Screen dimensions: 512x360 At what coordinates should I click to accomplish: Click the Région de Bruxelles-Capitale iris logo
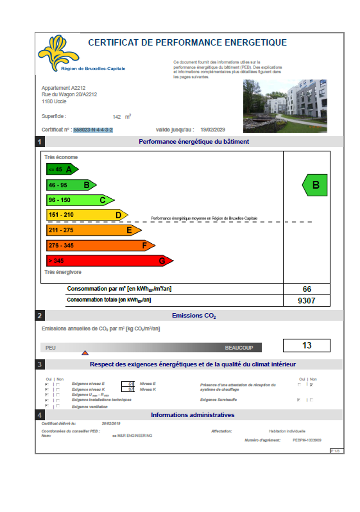(x=59, y=52)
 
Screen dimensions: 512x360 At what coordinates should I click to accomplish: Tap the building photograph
(x=285, y=106)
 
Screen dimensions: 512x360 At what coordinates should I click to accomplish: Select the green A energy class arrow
(x=62, y=169)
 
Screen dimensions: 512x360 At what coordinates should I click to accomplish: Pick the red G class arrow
(x=109, y=261)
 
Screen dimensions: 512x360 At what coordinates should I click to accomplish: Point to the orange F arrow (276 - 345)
(x=100, y=245)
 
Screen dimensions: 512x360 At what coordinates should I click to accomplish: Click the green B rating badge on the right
(x=315, y=185)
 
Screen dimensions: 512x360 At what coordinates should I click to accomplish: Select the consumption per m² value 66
(x=307, y=289)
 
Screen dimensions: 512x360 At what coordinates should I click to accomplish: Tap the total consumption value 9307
(x=307, y=300)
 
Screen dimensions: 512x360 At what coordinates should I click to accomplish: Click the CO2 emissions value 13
(x=307, y=345)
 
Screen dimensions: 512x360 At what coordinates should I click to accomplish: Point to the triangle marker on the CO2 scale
(x=85, y=352)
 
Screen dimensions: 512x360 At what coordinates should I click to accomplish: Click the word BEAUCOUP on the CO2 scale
(x=239, y=348)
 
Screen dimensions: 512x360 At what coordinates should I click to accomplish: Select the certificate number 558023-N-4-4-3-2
(x=93, y=130)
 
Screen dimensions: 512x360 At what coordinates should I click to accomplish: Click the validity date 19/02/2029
(x=213, y=130)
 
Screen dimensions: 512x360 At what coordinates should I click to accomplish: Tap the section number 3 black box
(x=39, y=364)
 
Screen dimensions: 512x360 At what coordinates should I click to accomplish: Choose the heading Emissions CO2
(x=193, y=316)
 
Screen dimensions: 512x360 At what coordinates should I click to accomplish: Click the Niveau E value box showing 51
(x=128, y=384)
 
